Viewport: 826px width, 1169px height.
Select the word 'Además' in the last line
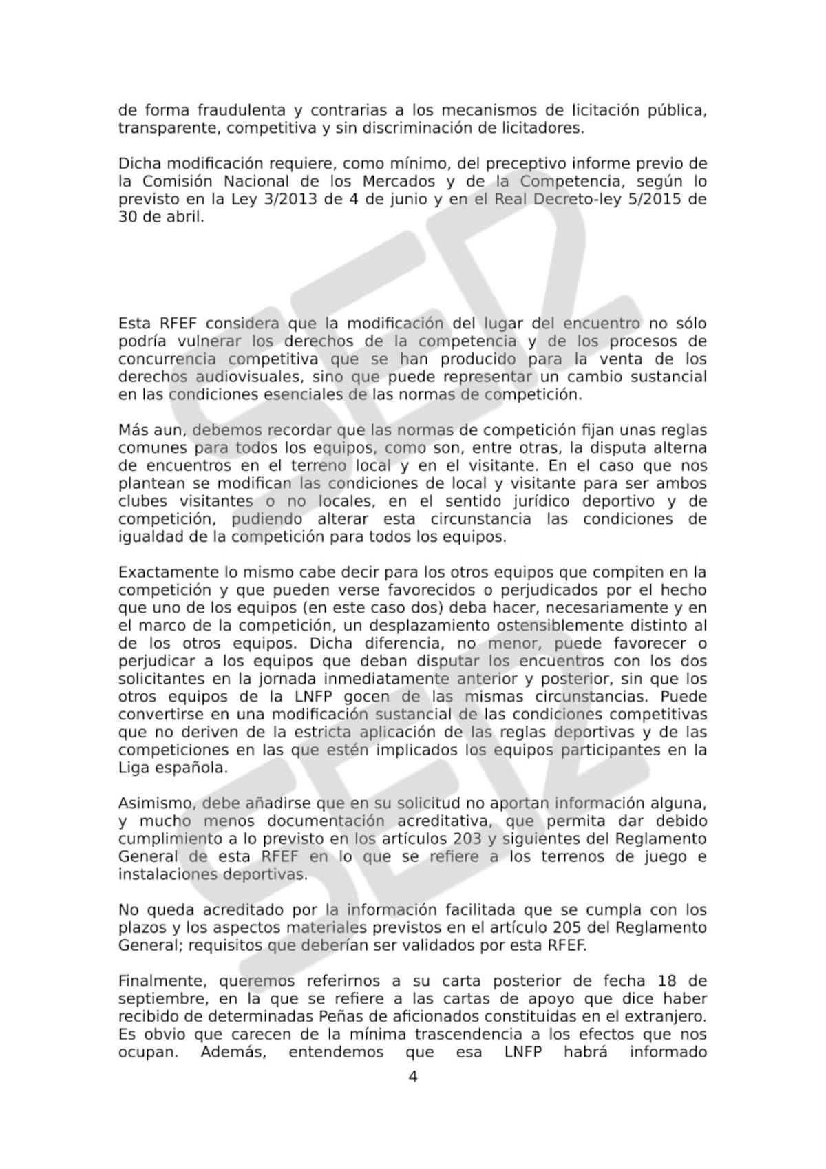click(233, 1052)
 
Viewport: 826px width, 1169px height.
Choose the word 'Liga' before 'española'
click(134, 768)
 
